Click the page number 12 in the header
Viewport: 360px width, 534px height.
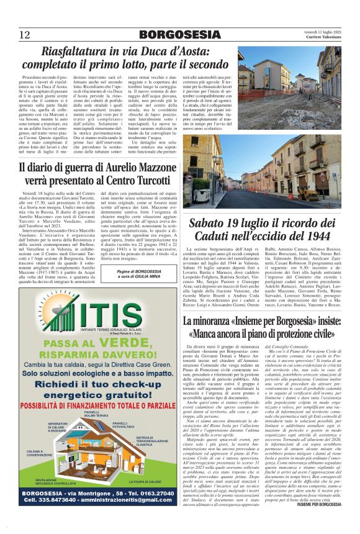(24, 34)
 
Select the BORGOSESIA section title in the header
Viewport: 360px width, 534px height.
(179, 34)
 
